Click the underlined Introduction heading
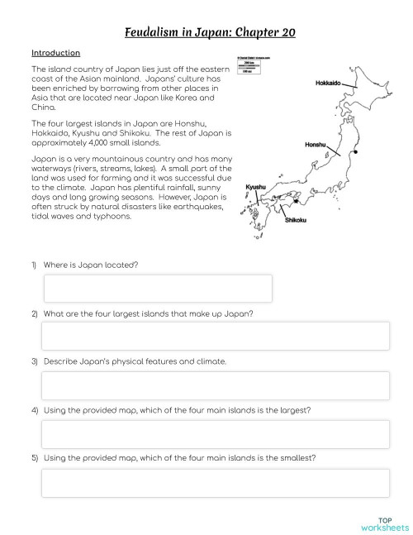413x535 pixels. [55, 53]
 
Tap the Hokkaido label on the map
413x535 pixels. [331, 84]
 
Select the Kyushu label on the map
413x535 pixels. [256, 188]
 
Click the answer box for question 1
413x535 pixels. [157, 288]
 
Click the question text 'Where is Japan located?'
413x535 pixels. [90, 265]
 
